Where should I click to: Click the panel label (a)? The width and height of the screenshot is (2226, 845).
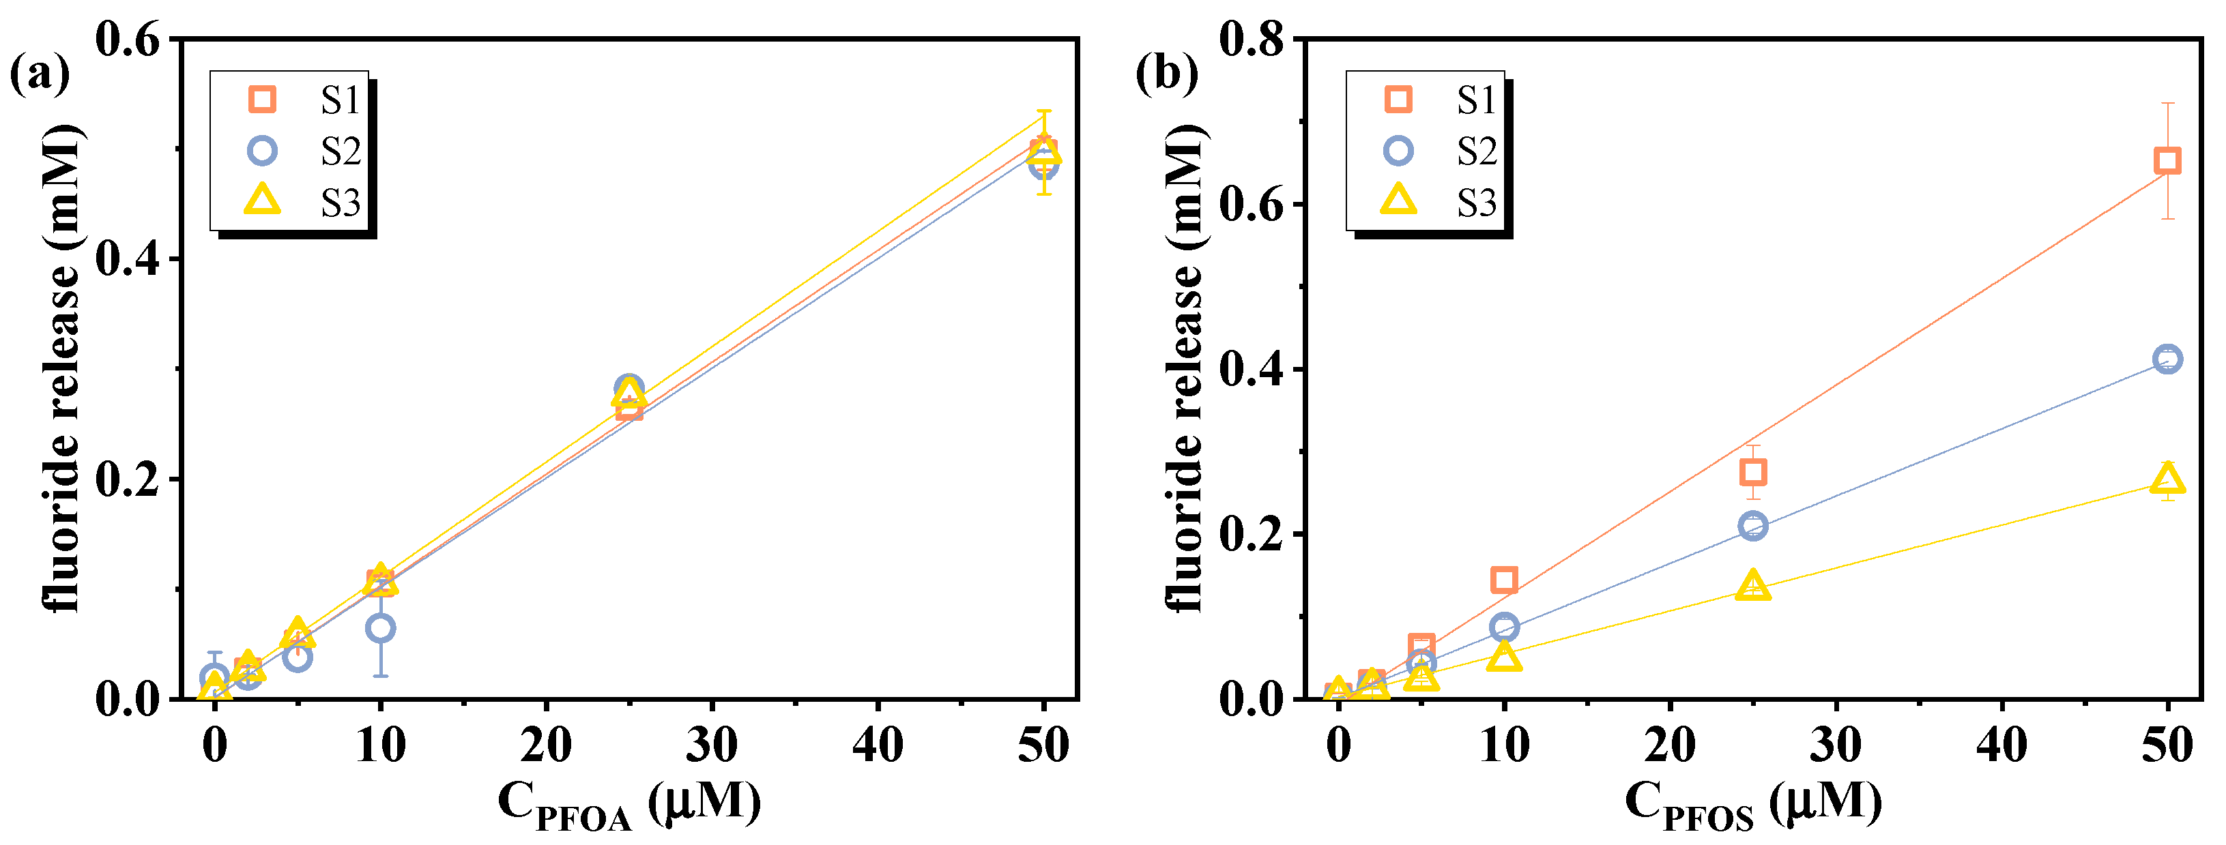(39, 74)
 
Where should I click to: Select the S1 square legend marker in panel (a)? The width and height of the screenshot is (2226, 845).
(262, 100)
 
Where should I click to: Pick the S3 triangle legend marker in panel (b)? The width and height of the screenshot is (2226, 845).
(1398, 201)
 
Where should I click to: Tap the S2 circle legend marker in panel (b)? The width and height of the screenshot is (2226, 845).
(1398, 151)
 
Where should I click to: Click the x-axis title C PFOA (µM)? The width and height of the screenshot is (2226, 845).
(629, 803)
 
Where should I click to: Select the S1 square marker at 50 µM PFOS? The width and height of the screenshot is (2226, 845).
(2167, 161)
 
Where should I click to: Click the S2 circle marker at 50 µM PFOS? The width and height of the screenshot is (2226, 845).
(2167, 359)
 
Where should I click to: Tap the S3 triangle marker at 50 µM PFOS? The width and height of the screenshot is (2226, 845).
(2167, 478)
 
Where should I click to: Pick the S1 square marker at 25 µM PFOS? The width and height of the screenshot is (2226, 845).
(1752, 472)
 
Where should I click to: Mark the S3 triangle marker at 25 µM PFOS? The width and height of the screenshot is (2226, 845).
(1752, 586)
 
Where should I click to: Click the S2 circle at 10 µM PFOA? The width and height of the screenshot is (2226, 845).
(380, 628)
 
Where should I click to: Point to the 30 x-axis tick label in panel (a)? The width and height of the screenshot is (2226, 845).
(711, 745)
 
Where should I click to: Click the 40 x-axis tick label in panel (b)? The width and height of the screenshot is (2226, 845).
(2001, 745)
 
